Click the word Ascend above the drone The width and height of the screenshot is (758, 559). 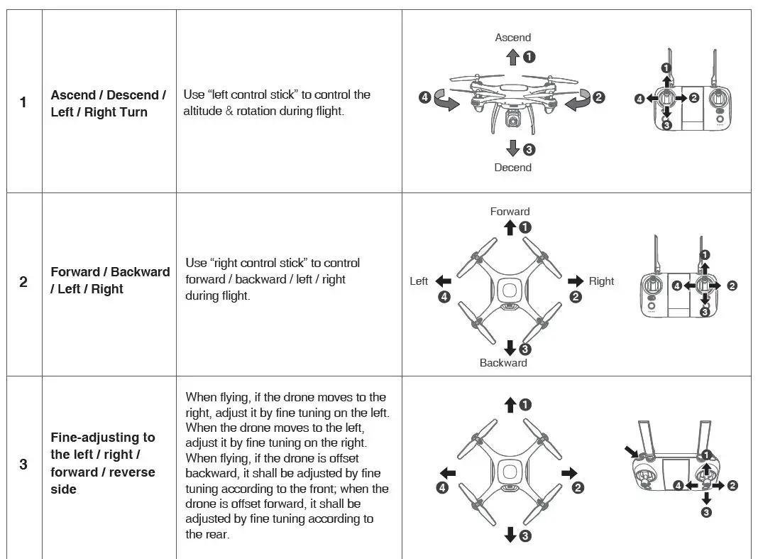click(512, 38)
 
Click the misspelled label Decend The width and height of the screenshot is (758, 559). click(512, 168)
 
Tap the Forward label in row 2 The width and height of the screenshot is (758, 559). click(510, 212)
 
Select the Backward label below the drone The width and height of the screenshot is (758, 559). click(503, 363)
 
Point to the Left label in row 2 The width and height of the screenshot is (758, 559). click(419, 281)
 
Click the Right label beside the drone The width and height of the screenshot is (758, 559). click(601, 281)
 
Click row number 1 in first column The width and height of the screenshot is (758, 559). click(23, 102)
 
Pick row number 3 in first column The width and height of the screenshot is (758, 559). click(23, 465)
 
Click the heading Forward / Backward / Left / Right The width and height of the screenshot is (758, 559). click(110, 281)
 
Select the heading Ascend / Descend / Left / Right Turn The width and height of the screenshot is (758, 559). click(109, 104)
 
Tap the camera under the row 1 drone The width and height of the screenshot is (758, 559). click(512, 120)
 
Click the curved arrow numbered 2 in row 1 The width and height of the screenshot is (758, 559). click(578, 100)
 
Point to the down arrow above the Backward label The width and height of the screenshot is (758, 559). click(509, 348)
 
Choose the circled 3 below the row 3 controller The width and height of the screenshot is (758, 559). click(706, 512)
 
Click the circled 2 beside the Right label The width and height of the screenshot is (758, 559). click(576, 297)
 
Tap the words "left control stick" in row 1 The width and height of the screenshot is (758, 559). click(254, 94)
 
